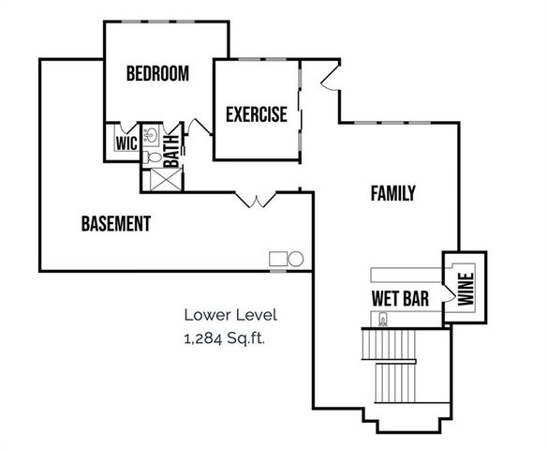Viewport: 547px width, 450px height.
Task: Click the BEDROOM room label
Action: tap(157, 73)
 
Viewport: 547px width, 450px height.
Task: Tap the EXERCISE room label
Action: tap(256, 115)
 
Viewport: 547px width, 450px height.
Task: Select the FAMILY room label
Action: tap(392, 194)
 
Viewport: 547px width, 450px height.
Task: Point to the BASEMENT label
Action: tap(115, 224)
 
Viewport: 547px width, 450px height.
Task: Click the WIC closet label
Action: tap(126, 143)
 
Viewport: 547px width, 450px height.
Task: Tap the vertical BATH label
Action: tap(171, 150)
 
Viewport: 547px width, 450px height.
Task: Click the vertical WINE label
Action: tap(465, 288)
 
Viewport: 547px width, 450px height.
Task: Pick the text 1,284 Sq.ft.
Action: tap(225, 337)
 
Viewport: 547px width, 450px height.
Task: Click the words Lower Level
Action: tap(230, 315)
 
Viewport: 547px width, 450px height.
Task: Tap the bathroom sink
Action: tap(152, 134)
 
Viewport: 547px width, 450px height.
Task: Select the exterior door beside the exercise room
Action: tap(329, 81)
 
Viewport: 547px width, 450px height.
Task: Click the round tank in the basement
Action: tap(295, 259)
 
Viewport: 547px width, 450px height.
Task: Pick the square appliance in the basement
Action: tap(278, 259)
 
